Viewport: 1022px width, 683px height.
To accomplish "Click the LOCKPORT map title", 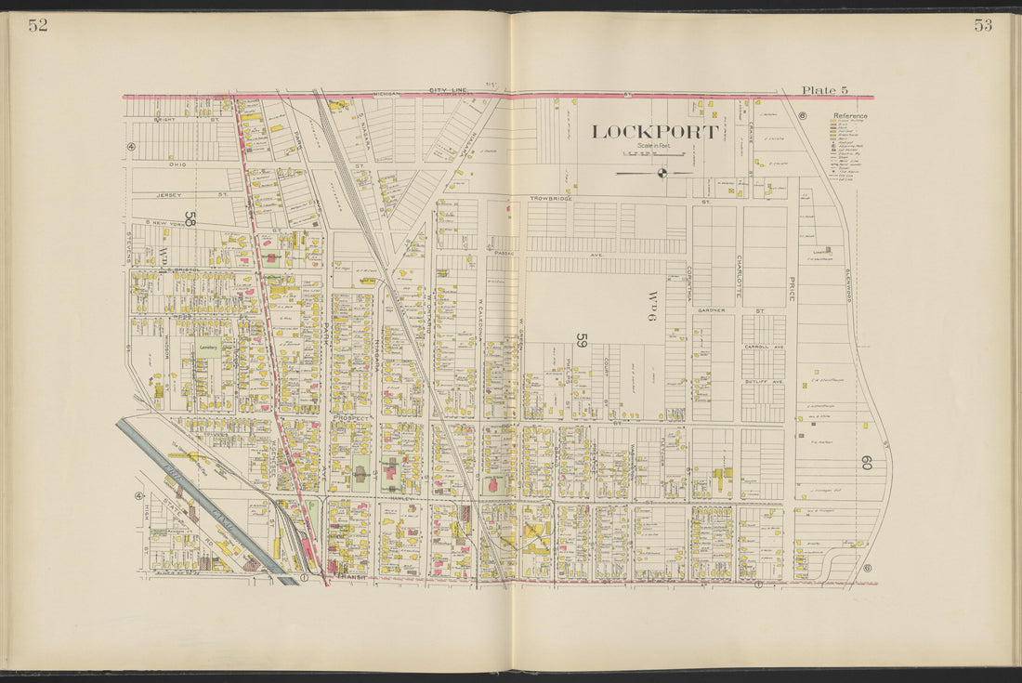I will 655,132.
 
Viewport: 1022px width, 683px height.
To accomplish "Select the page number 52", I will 37,26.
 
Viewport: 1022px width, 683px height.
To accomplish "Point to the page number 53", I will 983,26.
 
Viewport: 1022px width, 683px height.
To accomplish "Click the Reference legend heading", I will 849,116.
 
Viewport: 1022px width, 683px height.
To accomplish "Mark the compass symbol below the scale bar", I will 662,172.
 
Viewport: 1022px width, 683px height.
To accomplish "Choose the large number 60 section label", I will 866,462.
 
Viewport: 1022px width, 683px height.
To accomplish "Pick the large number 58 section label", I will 190,219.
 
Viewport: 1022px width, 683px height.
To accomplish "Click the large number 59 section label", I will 582,340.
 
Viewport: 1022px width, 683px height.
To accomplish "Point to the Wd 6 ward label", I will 651,305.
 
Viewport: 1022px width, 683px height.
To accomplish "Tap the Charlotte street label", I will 740,275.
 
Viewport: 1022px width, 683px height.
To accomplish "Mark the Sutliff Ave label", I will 763,381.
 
